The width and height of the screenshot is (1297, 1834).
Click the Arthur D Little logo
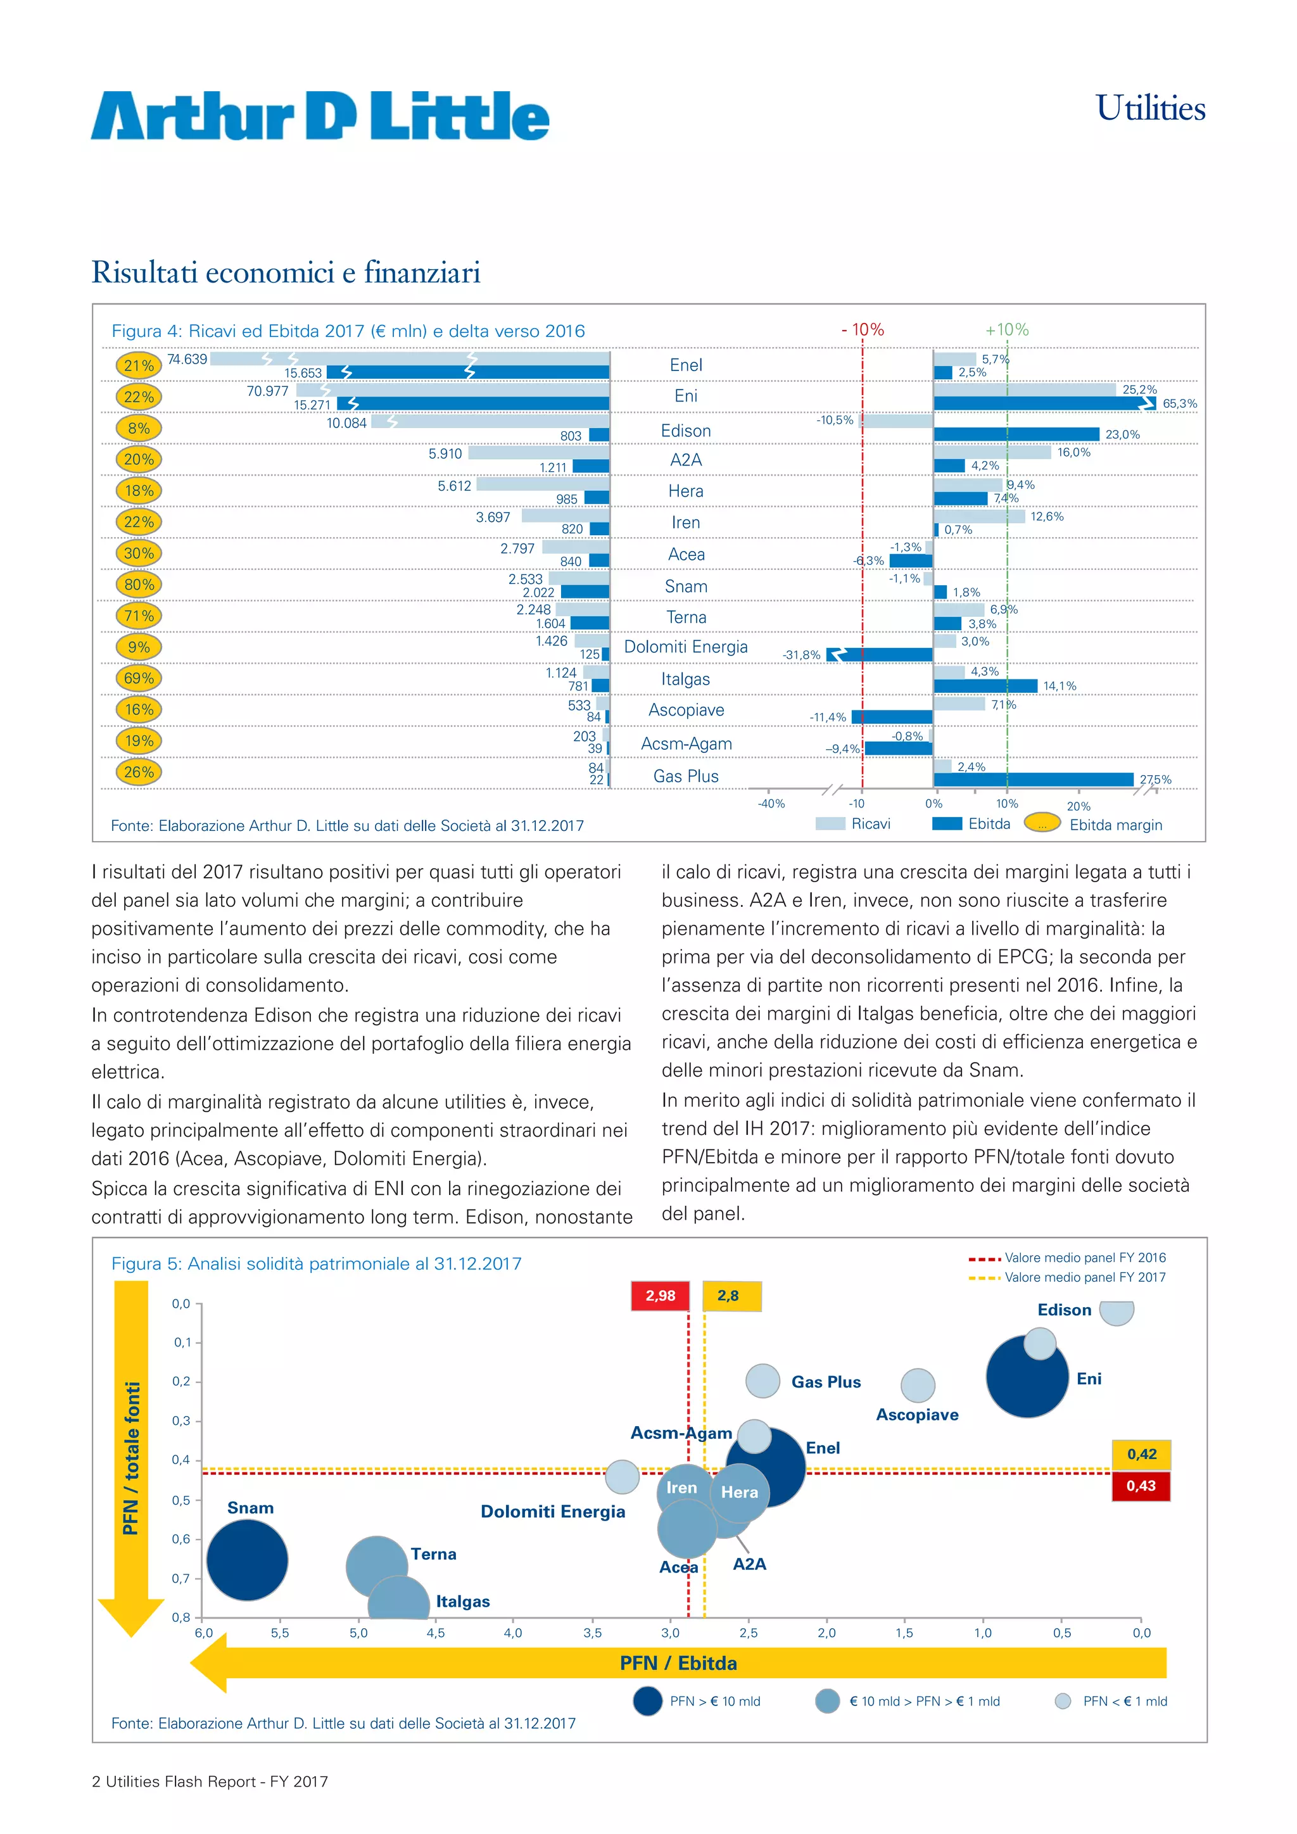[319, 117]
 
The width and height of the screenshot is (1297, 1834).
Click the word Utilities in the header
[1149, 109]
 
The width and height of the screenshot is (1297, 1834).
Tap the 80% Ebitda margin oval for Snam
[139, 585]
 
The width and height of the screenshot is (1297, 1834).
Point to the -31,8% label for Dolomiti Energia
[801, 655]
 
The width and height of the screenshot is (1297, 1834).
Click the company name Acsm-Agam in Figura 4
[686, 743]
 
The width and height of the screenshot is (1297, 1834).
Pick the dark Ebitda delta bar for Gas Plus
[1033, 780]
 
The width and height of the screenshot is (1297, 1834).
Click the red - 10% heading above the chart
[863, 330]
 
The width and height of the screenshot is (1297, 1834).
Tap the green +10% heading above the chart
[1006, 330]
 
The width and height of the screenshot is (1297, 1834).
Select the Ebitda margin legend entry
[1115, 825]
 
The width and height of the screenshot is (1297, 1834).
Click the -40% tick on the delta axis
[771, 804]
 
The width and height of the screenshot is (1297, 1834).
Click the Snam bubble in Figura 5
[247, 1560]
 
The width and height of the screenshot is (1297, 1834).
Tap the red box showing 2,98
[661, 1296]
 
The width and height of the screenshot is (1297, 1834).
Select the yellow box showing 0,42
[1141, 1455]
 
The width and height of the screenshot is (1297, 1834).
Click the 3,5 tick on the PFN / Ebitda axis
[592, 1633]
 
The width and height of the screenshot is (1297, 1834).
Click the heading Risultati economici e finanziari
[286, 272]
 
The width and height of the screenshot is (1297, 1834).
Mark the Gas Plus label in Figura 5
[825, 1382]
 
